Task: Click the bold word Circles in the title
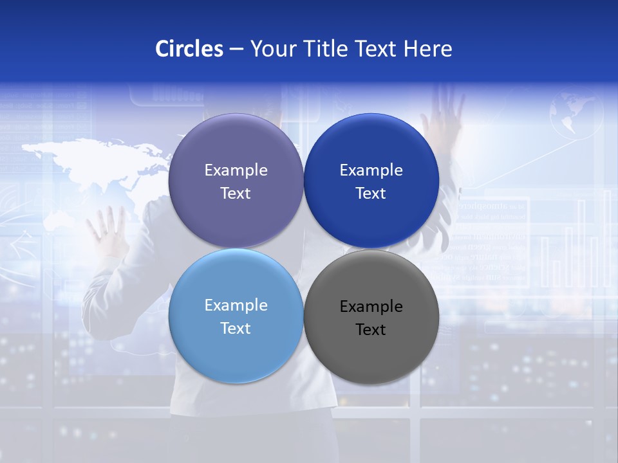189,49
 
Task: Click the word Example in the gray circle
371,307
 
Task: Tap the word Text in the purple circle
236,194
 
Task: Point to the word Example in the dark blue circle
371,170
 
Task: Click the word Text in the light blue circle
236,329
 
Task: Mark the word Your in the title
272,49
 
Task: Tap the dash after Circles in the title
236,50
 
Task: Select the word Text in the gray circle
371,330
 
